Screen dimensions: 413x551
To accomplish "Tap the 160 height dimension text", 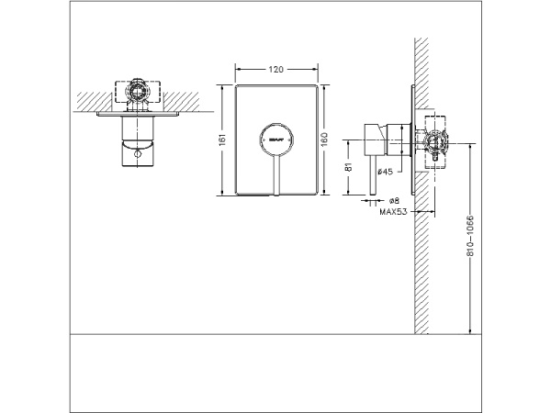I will coord(325,139).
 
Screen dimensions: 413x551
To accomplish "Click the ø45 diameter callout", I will coord(386,172).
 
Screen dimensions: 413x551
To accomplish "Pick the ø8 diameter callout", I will coord(392,200).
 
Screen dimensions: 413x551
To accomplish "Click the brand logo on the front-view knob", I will coord(276,139).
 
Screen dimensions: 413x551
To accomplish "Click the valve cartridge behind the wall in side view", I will coord(433,142).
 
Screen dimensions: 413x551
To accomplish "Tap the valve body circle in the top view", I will coord(136,92).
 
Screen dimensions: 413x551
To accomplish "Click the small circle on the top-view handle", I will coord(136,158).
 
